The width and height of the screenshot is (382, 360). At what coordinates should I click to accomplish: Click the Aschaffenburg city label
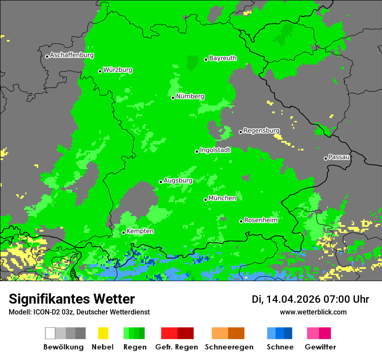72,56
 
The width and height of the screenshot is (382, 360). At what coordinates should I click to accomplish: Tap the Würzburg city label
118,70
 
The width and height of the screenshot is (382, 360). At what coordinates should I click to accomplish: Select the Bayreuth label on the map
223,58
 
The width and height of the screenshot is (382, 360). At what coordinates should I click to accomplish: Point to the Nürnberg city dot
173,98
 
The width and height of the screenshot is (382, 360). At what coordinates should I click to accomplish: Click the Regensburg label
261,131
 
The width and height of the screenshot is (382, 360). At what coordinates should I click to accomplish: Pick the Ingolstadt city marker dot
197,151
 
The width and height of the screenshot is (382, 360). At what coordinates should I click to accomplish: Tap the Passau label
339,157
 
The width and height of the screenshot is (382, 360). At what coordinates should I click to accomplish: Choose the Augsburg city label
178,180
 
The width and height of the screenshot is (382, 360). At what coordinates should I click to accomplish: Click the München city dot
205,200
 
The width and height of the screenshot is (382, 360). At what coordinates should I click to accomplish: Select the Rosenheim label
260,220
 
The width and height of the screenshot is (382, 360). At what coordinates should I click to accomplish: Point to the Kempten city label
140,231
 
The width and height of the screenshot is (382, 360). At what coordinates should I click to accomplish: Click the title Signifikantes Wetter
72,299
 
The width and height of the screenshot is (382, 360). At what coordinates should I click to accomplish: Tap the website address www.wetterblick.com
313,312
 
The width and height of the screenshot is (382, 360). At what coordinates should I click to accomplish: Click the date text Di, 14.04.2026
286,299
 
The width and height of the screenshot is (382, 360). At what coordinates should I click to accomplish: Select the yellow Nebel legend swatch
103,333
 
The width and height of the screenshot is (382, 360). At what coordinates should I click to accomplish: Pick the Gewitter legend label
320,347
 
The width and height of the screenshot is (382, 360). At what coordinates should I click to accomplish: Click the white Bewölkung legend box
50,333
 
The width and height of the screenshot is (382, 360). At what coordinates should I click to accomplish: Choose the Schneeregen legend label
228,347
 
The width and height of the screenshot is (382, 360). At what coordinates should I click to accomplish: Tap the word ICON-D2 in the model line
44,312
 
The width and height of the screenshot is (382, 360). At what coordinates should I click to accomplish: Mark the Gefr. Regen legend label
177,347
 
